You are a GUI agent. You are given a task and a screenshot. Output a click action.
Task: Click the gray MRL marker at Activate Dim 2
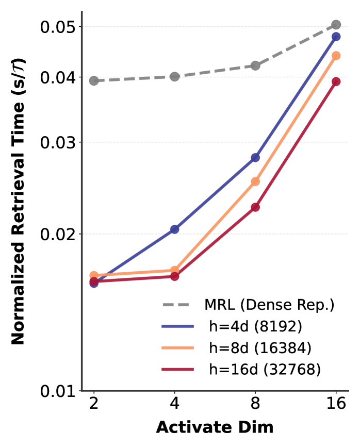pos(94,80)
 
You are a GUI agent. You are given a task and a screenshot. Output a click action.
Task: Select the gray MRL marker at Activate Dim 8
pos(255,65)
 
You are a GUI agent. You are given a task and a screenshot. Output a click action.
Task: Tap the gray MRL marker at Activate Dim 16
pos(336,25)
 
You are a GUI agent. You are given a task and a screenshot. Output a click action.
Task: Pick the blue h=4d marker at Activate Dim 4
pos(175,229)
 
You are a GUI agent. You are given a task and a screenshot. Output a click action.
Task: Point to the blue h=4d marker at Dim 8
pos(255,158)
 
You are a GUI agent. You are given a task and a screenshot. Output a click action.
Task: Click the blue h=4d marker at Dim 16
pos(336,37)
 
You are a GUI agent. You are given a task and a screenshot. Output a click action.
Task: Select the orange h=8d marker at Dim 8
pos(255,181)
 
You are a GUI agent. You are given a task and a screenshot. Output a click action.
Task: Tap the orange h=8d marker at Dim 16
pos(336,56)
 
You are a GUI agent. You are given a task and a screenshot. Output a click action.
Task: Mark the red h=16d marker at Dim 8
pos(255,207)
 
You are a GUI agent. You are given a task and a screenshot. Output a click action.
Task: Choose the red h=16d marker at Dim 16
pos(336,81)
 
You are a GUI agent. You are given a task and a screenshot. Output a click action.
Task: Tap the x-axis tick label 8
pos(255,404)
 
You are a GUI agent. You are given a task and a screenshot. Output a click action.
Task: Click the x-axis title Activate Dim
pos(215,427)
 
